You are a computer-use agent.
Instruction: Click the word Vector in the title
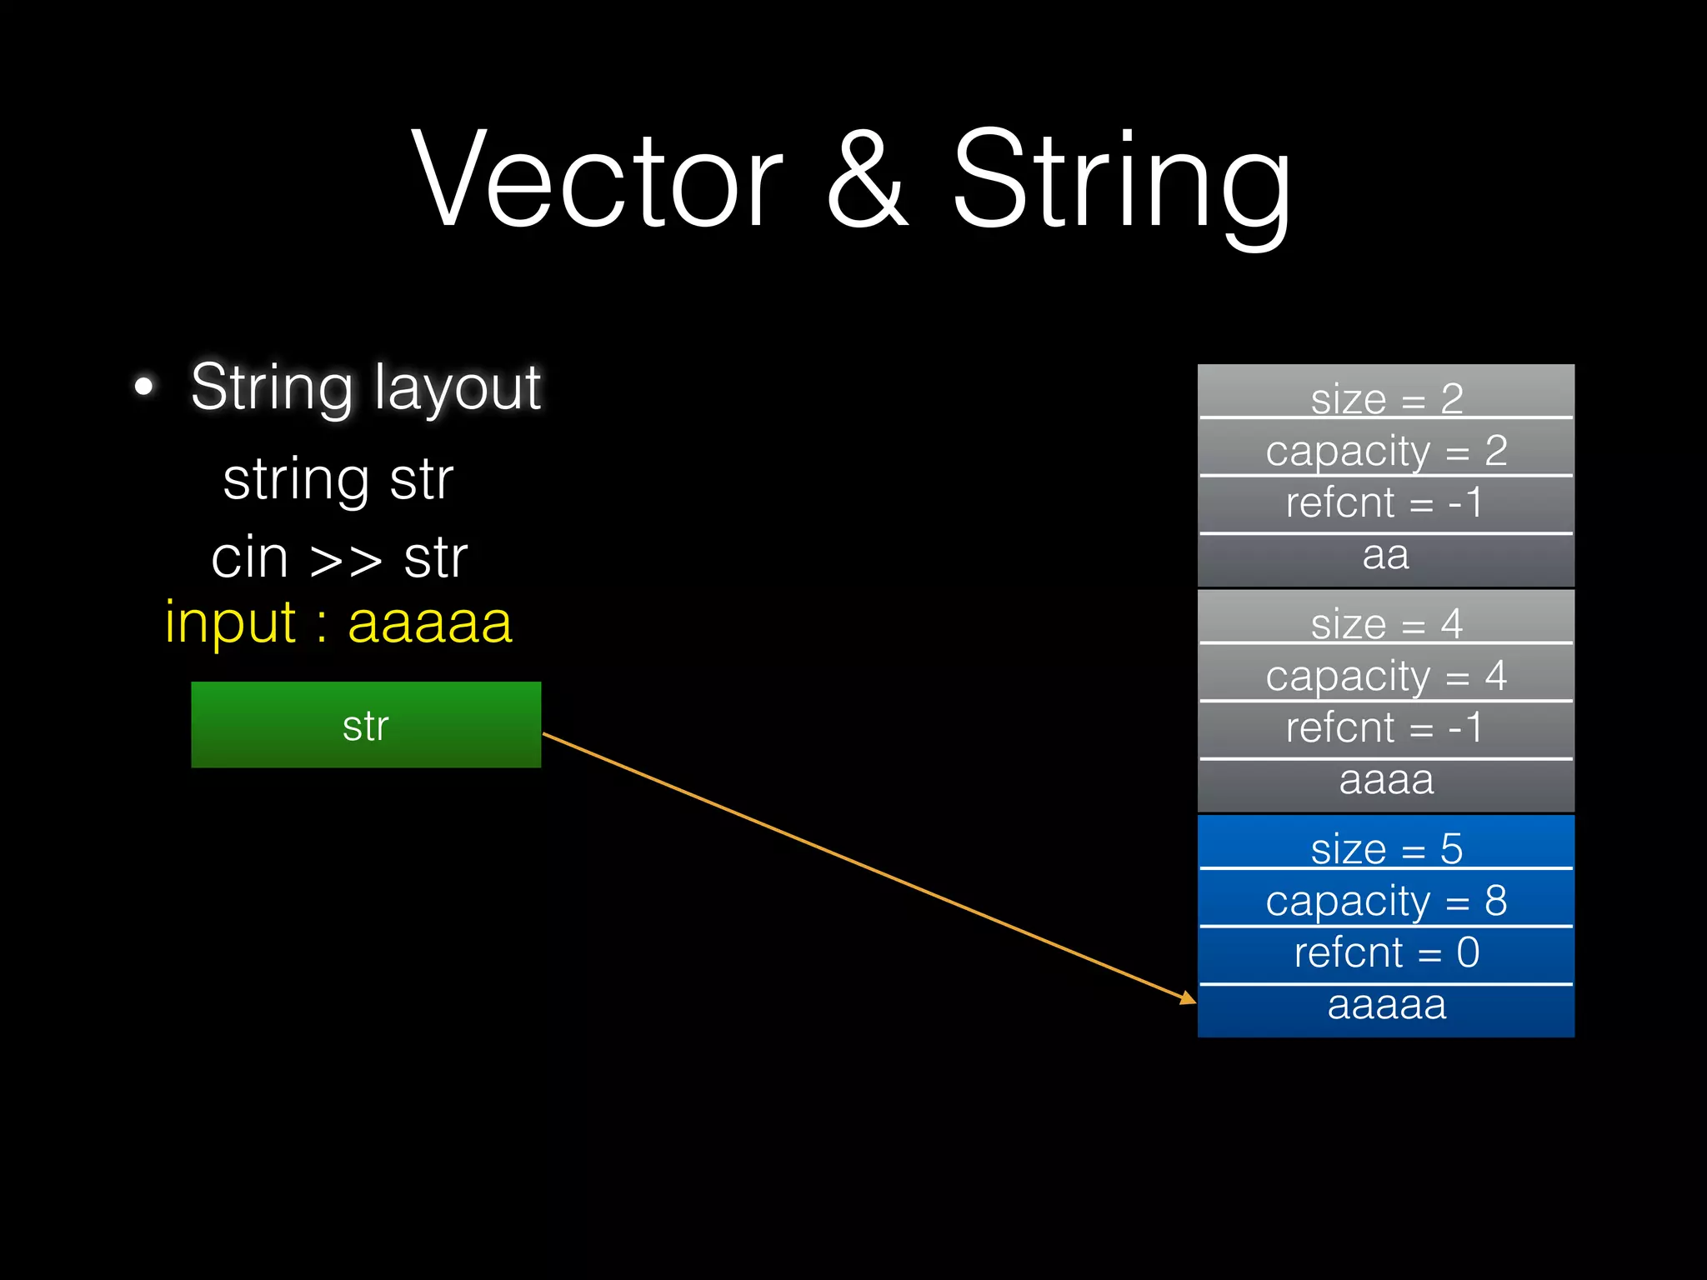tap(597, 179)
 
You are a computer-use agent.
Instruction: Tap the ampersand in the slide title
tap(866, 179)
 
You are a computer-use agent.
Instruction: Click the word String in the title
tap(1121, 179)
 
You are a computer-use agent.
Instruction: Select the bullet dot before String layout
tap(144, 387)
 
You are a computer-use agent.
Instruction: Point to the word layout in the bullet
tap(458, 387)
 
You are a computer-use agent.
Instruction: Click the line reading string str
tap(338, 480)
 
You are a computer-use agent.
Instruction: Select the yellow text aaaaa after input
tap(429, 622)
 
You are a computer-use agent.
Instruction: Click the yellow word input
tap(230, 622)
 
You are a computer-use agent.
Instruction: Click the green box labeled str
tap(366, 725)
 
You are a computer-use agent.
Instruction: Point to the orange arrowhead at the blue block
tap(1189, 998)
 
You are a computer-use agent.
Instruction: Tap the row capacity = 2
tap(1386, 449)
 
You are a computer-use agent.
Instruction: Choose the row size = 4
tap(1386, 621)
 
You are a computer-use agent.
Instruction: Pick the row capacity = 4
tap(1386, 674)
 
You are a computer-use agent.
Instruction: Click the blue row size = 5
tap(1386, 846)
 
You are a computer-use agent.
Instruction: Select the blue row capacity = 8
tap(1386, 899)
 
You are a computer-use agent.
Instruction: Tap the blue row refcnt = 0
tap(1386, 952)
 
